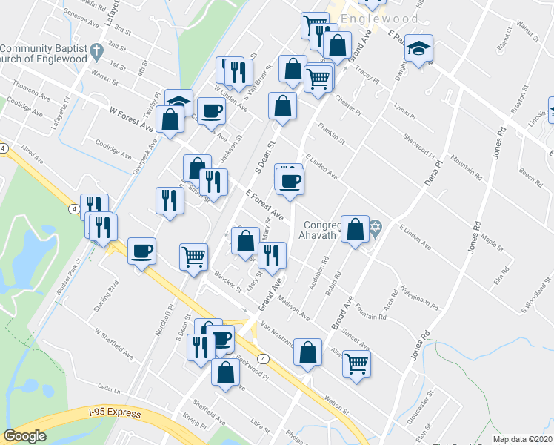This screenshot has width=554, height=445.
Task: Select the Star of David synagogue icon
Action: click(x=376, y=226)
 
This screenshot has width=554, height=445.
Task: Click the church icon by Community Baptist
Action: click(x=96, y=52)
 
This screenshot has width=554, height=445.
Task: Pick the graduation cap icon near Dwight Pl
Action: click(x=419, y=49)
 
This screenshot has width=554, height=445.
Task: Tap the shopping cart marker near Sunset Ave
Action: click(x=357, y=364)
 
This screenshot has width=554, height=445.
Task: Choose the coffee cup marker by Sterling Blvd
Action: click(x=142, y=251)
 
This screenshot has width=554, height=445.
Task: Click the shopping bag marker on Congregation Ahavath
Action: click(x=355, y=228)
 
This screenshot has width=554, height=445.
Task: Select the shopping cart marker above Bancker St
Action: click(x=194, y=257)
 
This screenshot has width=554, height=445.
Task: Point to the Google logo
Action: click(x=24, y=436)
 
